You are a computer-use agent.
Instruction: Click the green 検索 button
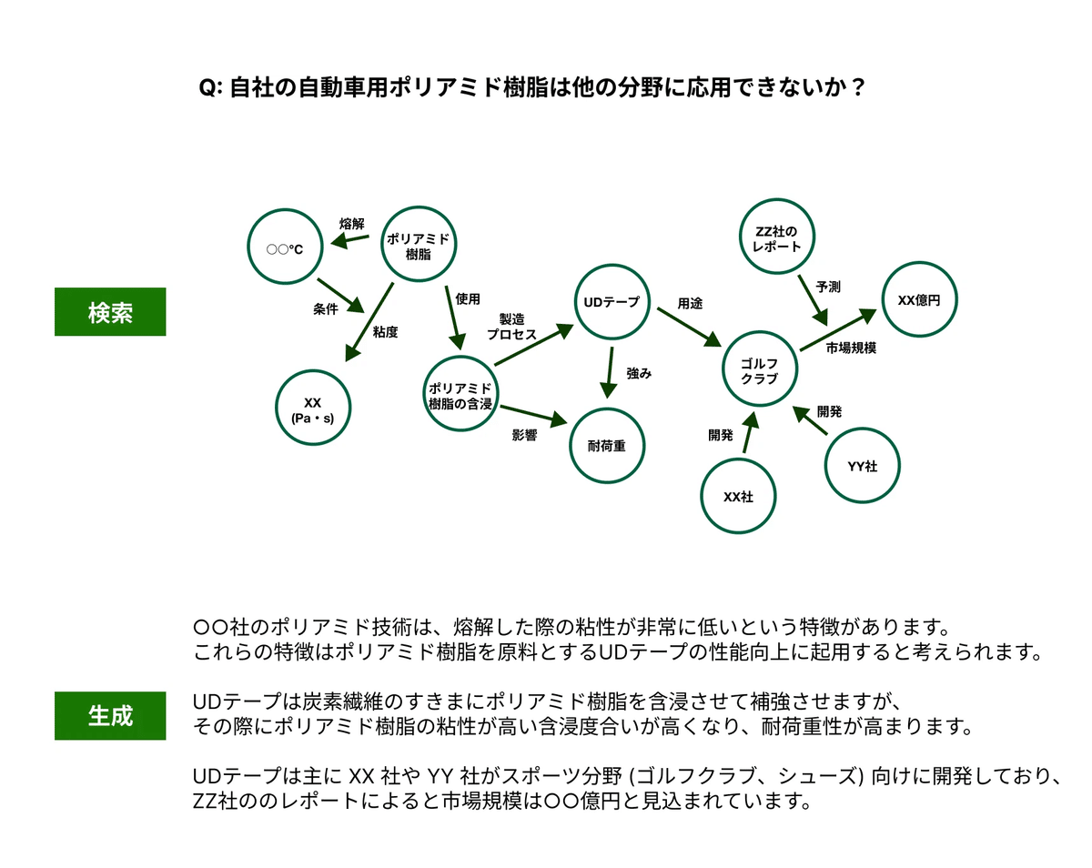(110, 312)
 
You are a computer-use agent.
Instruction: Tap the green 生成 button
(110, 715)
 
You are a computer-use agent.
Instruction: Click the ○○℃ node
(286, 247)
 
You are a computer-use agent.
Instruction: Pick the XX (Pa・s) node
(312, 409)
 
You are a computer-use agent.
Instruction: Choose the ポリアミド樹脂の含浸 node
(460, 395)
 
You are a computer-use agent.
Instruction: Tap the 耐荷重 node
(607, 445)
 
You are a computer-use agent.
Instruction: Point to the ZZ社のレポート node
(777, 238)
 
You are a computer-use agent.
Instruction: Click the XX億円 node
(919, 299)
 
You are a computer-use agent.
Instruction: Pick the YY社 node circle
(862, 466)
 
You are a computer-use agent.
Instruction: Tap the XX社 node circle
(737, 497)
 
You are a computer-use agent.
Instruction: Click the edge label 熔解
(351, 223)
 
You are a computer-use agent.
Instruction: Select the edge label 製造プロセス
(511, 327)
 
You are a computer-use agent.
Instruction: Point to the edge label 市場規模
(851, 348)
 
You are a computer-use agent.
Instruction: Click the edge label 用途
(690, 304)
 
